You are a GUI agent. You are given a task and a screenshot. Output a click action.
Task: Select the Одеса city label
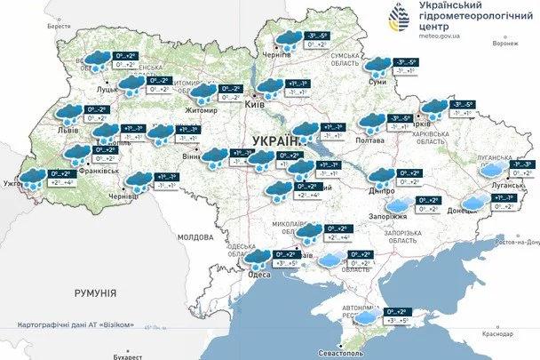pyautogui.click(x=258, y=274)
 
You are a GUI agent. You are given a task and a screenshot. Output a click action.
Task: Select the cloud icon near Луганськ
pyautogui.click(x=497, y=166)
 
